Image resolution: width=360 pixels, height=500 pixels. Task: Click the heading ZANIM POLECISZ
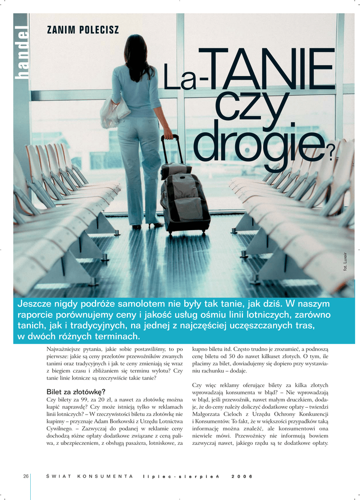(x=82, y=30)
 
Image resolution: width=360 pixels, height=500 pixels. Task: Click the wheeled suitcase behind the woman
(x=185, y=200)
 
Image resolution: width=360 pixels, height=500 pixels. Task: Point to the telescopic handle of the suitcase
(x=172, y=149)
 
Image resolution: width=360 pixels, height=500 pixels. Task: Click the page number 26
(x=26, y=476)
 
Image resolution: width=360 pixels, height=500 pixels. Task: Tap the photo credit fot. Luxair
(x=345, y=261)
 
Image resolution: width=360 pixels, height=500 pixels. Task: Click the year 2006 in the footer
(x=242, y=476)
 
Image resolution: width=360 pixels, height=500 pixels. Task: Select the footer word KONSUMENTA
(x=105, y=476)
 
